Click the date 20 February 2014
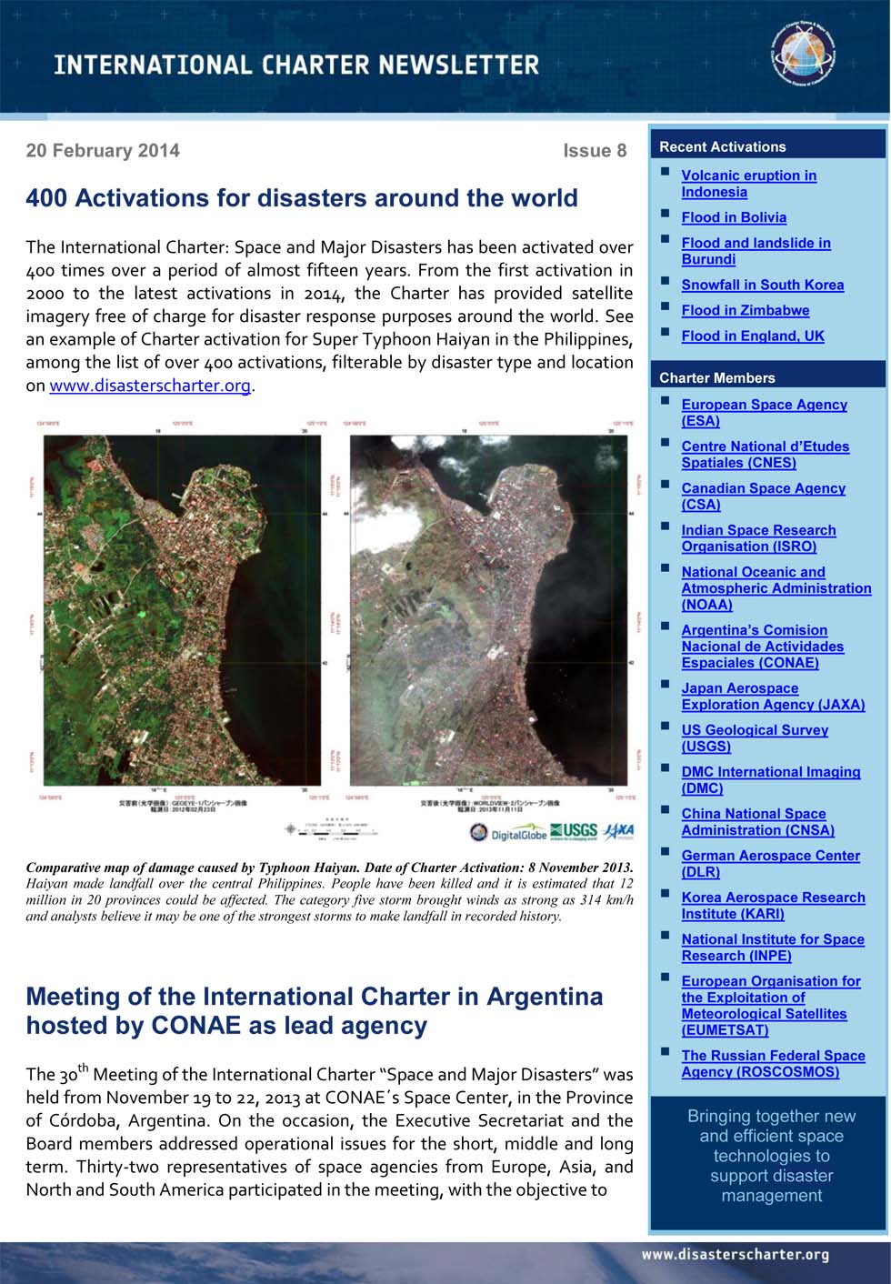tap(103, 151)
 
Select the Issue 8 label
tap(595, 151)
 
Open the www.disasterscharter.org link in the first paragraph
tap(150, 386)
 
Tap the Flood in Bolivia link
tap(734, 217)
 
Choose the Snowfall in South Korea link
tap(762, 285)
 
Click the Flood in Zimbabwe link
tap(745, 310)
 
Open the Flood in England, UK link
tap(753, 336)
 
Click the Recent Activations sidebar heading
tap(723, 146)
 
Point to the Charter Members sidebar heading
tap(717, 377)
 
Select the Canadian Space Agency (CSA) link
tap(763, 497)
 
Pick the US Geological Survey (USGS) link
tap(754, 737)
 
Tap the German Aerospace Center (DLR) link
tap(770, 863)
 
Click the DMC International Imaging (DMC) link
tap(770, 779)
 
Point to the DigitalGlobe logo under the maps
tap(508, 833)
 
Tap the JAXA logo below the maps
tap(619, 831)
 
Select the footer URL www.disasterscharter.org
tap(735, 1255)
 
